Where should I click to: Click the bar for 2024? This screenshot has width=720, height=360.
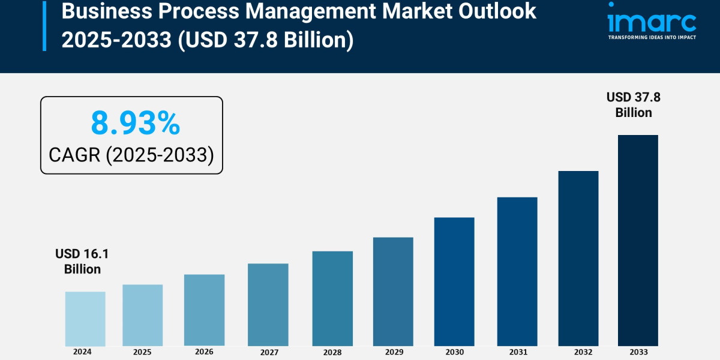coord(85,319)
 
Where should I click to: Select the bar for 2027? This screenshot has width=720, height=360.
coord(268,305)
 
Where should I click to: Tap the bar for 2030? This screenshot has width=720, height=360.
coord(454,281)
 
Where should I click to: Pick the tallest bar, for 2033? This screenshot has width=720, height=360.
coord(638,240)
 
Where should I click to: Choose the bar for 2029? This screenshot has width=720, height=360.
coord(393,292)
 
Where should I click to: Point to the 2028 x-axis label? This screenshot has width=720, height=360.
coord(332,352)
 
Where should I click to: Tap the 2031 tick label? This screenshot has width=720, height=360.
coord(517,352)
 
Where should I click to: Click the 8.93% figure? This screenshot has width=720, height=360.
coord(135,123)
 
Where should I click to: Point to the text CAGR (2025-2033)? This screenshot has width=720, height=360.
coord(131,155)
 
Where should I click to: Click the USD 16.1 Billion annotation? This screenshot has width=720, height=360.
coord(83,262)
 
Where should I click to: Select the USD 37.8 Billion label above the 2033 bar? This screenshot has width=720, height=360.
coord(634,104)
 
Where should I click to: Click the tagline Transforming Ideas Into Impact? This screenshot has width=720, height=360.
coord(652,37)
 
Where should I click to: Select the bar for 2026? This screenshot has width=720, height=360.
coord(204,310)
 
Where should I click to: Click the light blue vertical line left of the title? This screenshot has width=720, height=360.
coord(44,25)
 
